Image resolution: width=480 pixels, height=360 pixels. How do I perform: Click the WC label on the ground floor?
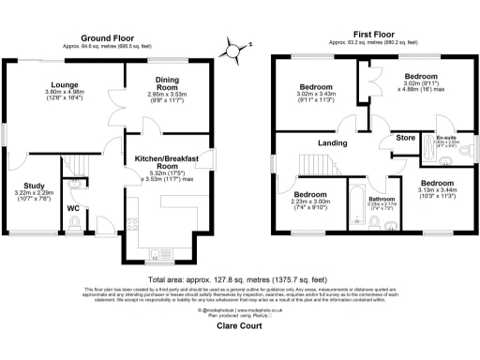point(72,208)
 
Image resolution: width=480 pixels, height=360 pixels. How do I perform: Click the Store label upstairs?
point(405,139)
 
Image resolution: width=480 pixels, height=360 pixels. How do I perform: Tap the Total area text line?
point(240,279)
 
